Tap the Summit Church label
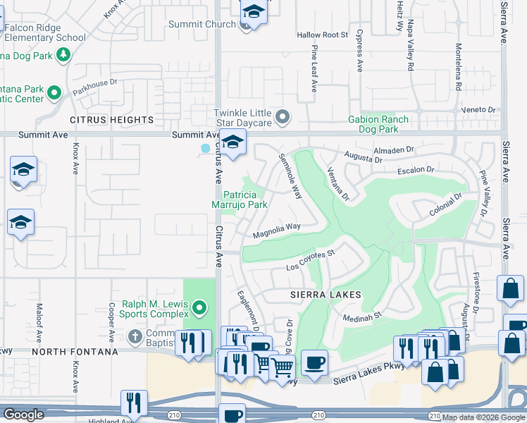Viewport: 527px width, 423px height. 201,24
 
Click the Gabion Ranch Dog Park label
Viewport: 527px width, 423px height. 378,124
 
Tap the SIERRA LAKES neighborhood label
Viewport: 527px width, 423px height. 326,295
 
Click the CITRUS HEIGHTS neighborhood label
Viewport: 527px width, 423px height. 111,121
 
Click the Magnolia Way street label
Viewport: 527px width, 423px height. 277,229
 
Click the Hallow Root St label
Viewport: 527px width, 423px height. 322,35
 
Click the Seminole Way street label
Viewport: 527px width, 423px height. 290,176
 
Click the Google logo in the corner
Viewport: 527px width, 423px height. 23,415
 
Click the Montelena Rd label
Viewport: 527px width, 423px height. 458,68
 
